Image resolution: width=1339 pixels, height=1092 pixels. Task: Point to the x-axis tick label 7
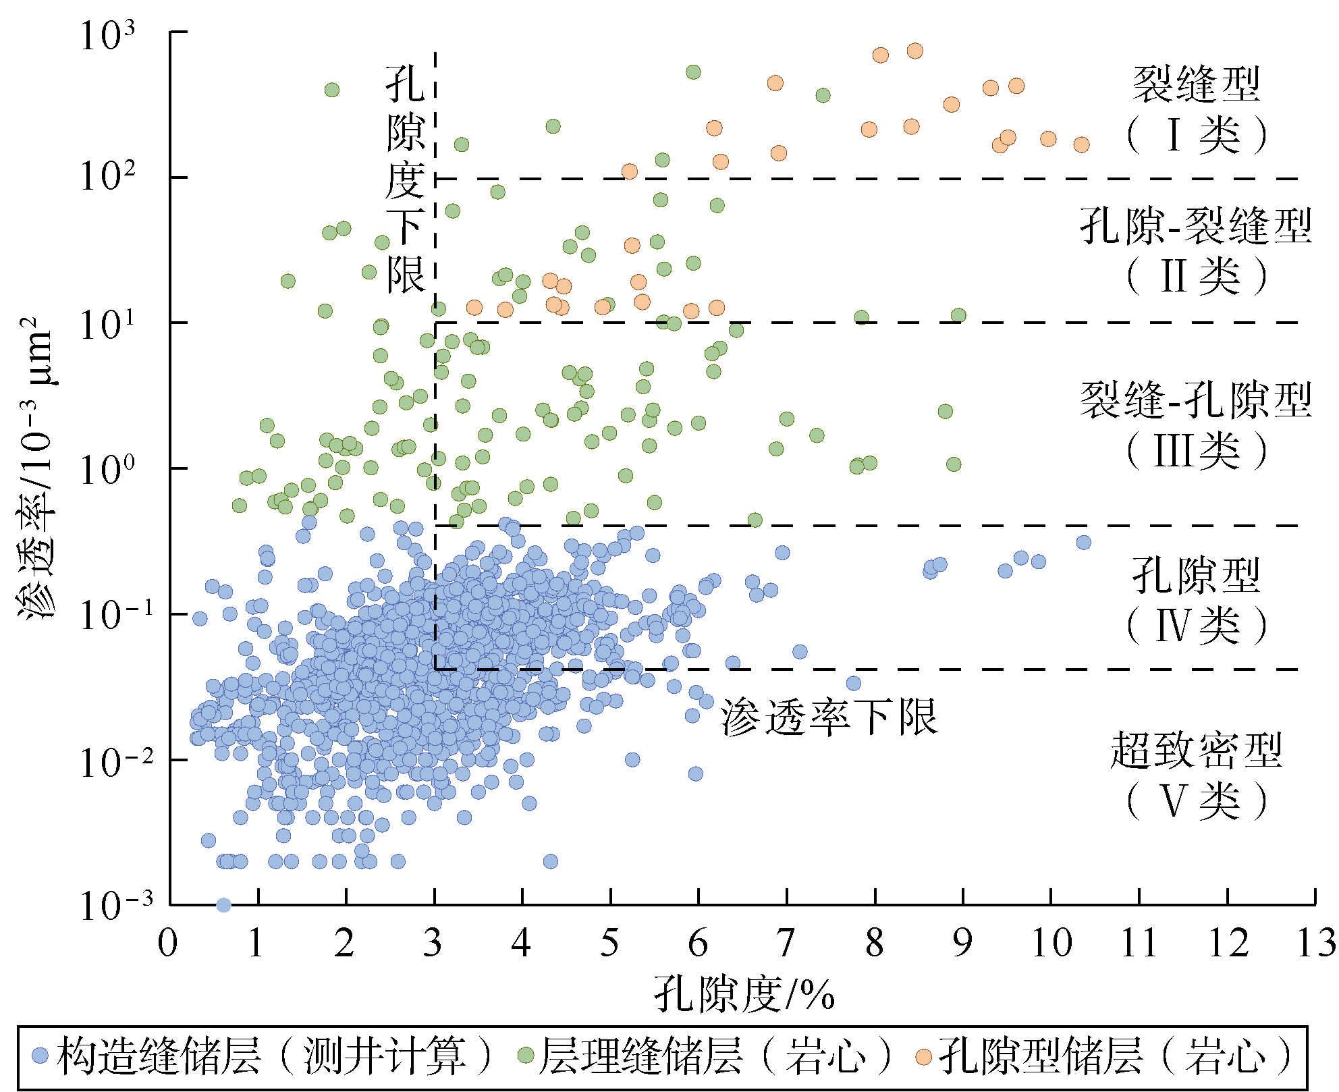786,943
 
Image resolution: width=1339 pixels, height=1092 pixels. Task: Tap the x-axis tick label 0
168,943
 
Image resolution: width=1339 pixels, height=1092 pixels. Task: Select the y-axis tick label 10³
107,35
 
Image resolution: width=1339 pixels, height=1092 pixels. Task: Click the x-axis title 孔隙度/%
744,994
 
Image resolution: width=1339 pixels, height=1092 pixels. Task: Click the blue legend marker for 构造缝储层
40,1056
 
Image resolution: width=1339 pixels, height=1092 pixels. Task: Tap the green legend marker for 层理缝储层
525,1056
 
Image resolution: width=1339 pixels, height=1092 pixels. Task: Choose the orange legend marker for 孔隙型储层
924,1056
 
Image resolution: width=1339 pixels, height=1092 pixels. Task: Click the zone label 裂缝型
1196,84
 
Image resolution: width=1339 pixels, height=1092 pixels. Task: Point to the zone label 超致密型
1196,750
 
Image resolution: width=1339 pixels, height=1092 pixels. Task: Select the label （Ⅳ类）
1196,626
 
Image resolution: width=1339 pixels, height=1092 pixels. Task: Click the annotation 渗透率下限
829,717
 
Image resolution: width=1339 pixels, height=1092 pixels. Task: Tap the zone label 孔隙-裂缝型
1196,226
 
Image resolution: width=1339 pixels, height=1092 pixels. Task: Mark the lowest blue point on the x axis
223,905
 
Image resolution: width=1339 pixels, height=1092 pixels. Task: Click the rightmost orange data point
1081,144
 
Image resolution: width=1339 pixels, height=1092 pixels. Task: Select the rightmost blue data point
1083,542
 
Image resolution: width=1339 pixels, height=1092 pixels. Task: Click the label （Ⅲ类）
1196,451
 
